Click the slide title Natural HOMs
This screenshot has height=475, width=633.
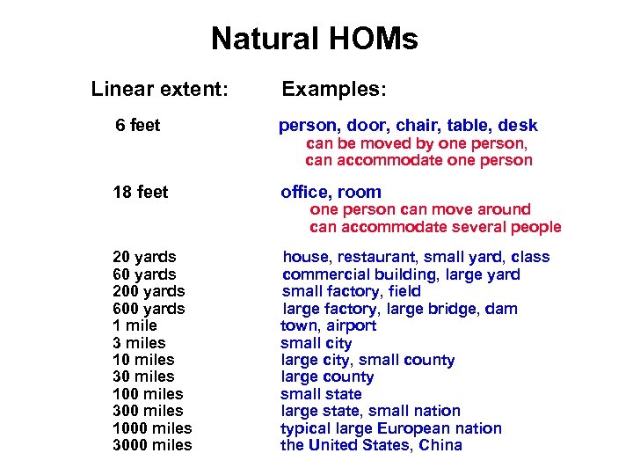click(315, 40)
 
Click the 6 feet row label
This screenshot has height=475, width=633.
click(138, 126)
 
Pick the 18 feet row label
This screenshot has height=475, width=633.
click(141, 192)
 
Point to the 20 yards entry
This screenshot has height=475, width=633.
click(144, 257)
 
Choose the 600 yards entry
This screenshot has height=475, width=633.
click(149, 309)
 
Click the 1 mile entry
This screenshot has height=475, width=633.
click(135, 325)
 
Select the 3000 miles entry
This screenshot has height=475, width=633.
click(152, 445)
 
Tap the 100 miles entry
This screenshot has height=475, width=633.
click(148, 394)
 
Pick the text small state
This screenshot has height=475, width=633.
click(321, 394)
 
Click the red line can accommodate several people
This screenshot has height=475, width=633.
click(435, 227)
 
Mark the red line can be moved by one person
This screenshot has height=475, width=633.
click(416, 143)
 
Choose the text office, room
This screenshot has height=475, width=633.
click(331, 192)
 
